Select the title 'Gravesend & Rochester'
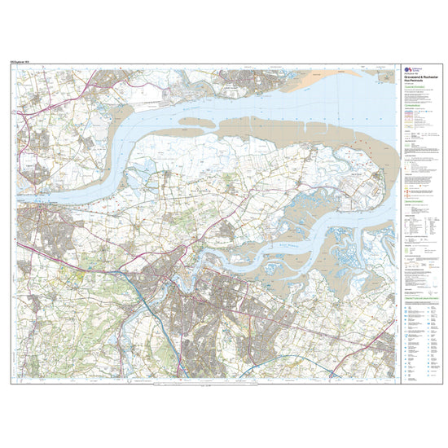(419, 77)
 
